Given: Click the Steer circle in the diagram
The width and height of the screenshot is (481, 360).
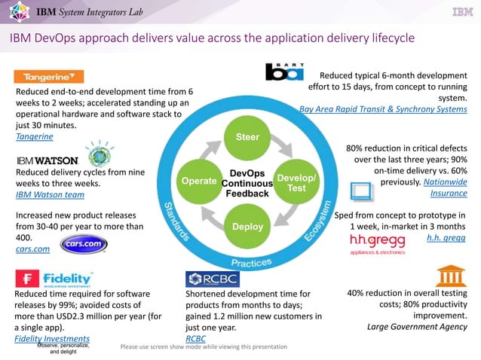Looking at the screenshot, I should (248, 137).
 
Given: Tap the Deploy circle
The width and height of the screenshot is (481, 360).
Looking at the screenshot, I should (247, 227).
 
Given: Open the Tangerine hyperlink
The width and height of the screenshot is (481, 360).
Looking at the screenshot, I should (34, 137).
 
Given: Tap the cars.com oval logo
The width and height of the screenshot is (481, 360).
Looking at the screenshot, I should (84, 245).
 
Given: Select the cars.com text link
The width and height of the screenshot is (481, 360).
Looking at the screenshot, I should (32, 247).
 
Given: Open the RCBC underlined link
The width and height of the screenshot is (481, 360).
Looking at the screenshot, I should (195, 339).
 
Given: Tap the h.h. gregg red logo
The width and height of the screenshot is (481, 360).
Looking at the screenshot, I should (378, 241).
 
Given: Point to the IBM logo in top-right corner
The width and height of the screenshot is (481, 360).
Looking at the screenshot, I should (461, 12).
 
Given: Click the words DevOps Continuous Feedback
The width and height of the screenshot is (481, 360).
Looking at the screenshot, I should (247, 183).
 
